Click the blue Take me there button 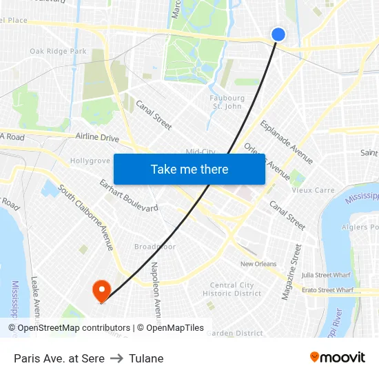189,169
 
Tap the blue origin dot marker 278,34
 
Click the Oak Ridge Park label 58,51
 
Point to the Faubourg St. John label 227,102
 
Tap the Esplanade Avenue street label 286,143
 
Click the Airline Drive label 97,137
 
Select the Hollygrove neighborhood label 90,161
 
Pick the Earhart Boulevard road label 129,196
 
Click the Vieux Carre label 313,190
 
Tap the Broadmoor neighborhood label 155,247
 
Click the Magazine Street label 292,272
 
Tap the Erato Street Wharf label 329,290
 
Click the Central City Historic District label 232,289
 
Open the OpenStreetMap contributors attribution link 70,328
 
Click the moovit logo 338,358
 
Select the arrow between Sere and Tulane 116,358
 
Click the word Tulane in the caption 146,358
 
